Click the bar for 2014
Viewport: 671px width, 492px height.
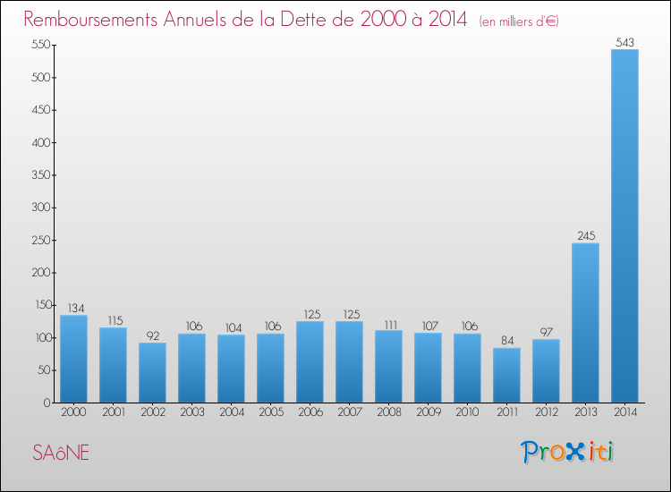(624, 225)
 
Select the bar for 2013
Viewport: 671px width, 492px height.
(585, 323)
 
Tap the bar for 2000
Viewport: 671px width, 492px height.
(73, 359)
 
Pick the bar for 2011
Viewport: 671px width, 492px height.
(506, 375)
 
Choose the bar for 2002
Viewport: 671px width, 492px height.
(152, 372)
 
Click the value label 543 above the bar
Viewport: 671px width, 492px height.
(624, 42)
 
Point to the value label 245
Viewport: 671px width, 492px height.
(585, 236)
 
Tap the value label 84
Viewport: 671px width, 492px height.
(506, 341)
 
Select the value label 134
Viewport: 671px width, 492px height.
(73, 308)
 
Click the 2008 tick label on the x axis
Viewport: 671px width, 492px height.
(388, 412)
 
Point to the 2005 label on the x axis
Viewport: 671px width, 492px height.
(270, 412)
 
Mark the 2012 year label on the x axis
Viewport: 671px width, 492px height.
(546, 412)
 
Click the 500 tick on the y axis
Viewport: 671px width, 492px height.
(38, 78)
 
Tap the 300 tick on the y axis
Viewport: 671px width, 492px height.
(38, 208)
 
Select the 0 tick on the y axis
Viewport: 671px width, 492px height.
(45, 403)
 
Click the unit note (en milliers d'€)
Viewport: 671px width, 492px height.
(519, 21)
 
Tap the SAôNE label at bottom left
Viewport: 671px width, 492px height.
(61, 453)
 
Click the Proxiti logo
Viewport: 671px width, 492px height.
(568, 452)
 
